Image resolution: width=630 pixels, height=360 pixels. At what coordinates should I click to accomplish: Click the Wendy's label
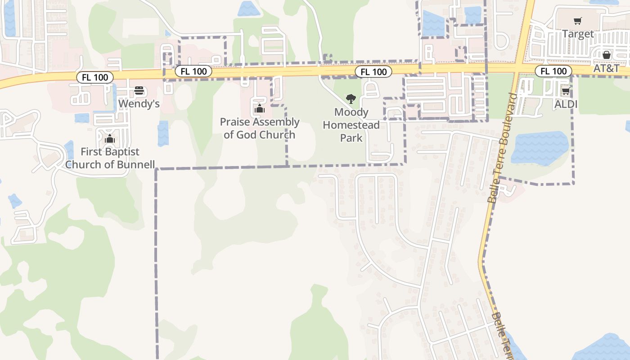(139, 104)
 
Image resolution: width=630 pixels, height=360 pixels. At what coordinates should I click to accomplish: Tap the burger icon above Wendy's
(139, 91)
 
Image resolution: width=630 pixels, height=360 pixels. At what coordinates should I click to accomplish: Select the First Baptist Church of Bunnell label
(110, 158)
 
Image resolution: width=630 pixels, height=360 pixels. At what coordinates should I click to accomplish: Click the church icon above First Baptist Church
(110, 139)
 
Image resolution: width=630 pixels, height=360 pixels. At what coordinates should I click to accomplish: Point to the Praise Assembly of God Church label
(259, 128)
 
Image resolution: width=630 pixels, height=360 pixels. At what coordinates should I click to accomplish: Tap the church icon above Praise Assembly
(259, 108)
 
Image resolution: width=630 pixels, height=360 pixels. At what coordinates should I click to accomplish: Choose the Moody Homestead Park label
(351, 125)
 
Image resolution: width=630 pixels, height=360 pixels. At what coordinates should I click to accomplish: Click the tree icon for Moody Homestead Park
(351, 99)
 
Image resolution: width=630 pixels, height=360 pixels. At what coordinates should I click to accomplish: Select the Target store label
(578, 34)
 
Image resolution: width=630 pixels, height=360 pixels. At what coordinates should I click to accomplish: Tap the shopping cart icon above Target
(578, 21)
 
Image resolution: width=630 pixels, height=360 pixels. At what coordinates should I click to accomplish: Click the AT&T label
(606, 68)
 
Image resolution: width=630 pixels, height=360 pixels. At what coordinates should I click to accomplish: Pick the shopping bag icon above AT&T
(606, 55)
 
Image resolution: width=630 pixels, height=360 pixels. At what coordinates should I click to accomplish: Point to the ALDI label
(566, 104)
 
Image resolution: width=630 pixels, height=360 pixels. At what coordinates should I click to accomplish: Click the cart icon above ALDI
(566, 91)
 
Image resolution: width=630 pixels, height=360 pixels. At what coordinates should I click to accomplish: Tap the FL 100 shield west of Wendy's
(94, 77)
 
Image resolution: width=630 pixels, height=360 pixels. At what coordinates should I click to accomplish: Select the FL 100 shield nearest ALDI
(553, 71)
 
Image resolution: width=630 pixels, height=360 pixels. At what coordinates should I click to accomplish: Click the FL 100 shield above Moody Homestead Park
(373, 72)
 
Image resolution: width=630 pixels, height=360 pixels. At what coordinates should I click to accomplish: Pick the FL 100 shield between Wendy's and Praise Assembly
(193, 71)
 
